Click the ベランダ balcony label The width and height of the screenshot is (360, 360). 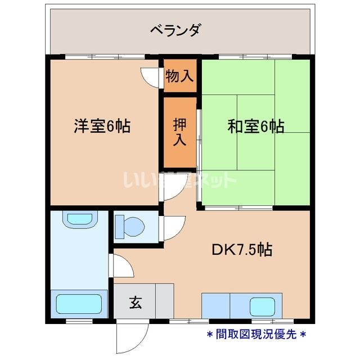(x=175, y=29)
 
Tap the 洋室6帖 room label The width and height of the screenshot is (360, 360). (x=102, y=126)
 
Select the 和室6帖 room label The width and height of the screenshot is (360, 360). (x=255, y=126)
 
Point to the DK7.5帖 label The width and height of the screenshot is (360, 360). (x=241, y=250)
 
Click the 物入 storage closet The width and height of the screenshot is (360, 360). (x=179, y=76)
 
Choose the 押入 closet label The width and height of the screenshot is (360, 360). (x=179, y=133)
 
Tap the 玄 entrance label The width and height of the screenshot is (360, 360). (x=136, y=303)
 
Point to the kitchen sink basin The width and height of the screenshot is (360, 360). (x=262, y=307)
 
